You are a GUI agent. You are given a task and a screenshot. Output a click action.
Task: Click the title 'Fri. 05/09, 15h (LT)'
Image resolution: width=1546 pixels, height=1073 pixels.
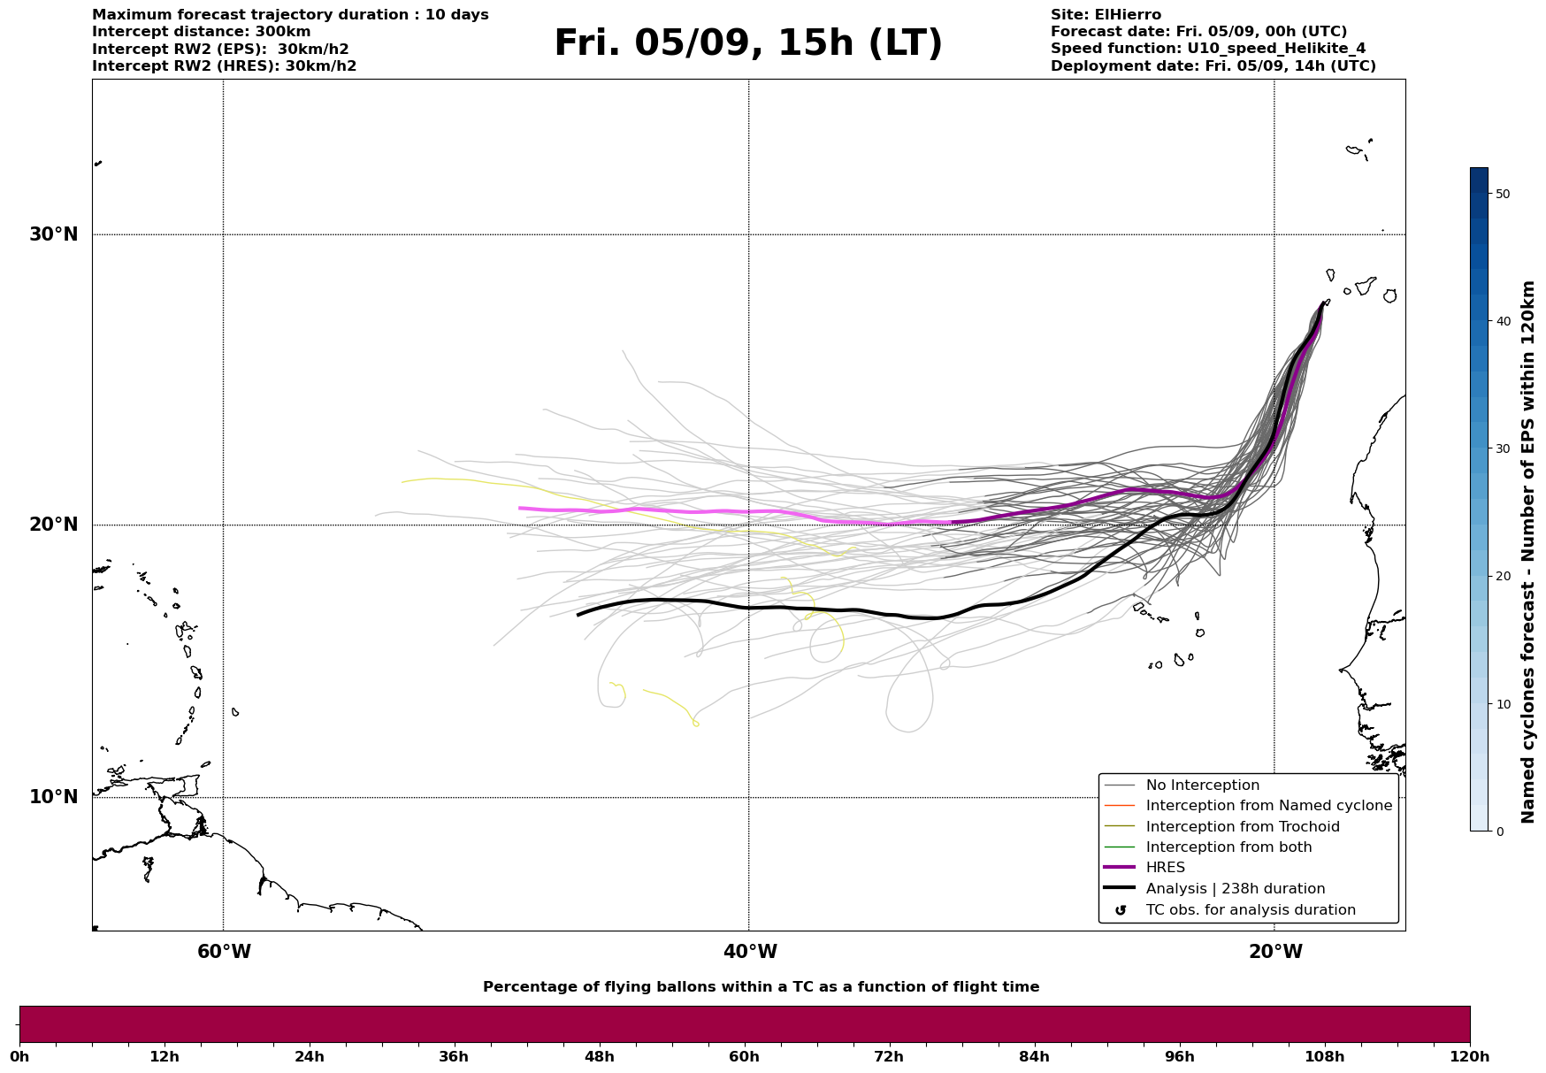point(748,44)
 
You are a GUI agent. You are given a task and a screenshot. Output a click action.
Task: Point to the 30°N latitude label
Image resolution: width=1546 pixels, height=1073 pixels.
point(54,234)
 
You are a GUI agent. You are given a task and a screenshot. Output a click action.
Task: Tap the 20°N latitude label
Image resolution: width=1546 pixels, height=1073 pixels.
point(54,525)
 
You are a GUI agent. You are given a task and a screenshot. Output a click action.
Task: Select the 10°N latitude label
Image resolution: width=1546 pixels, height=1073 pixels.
point(54,797)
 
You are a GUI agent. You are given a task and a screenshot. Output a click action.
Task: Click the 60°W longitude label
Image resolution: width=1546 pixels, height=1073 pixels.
point(224,952)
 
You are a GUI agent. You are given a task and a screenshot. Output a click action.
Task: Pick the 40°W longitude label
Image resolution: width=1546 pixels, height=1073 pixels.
point(750,952)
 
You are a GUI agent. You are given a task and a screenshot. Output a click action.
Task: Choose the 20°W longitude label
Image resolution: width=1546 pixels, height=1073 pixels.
point(1275,952)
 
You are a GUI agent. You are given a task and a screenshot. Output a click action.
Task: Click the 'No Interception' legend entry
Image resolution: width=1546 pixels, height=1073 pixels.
point(1202,786)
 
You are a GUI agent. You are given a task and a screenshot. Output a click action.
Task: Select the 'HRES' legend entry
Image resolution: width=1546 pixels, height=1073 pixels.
point(1165,868)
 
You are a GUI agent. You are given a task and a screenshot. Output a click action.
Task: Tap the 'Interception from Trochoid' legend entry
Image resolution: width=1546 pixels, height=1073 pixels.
point(1242,827)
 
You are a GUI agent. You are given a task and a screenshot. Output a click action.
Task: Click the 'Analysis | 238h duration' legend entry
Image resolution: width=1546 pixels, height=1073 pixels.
point(1235,889)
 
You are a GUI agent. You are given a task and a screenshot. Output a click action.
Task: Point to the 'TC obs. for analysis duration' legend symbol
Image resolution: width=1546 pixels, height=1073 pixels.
point(1121,910)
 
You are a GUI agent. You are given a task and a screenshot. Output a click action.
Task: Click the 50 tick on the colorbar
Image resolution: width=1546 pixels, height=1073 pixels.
point(1502,194)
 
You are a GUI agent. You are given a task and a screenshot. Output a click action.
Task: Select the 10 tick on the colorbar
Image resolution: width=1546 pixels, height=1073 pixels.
point(1502,704)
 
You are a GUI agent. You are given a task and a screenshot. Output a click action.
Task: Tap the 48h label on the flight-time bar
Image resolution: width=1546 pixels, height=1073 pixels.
point(599,1057)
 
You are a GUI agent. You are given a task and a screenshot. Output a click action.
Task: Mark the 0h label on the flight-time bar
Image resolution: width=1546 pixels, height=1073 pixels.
point(19,1057)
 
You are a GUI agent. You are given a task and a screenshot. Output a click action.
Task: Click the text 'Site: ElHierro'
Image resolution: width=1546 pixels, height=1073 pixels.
point(1106,15)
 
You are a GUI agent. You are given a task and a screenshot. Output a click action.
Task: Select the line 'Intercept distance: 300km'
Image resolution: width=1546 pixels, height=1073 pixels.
point(201,32)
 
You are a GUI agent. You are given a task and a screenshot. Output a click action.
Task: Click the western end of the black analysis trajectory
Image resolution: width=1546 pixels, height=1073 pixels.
point(578,614)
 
